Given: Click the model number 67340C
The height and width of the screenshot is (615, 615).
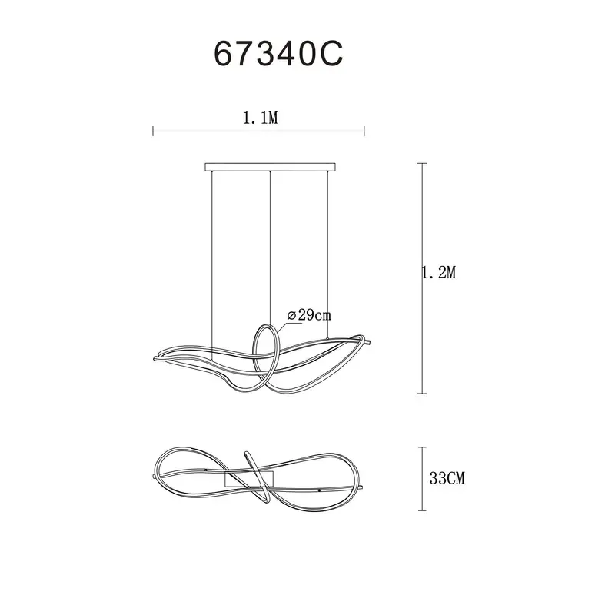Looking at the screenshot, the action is coord(278,54).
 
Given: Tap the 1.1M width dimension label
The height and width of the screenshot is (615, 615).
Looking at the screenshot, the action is coord(260,118).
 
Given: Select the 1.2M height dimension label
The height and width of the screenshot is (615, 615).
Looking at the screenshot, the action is coord(439,272).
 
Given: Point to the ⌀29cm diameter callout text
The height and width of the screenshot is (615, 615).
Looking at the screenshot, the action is coord(309,315).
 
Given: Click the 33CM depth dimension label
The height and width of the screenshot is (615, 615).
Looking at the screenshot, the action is coord(447,478).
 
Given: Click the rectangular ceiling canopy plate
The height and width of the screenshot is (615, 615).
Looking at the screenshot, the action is coord(271,167).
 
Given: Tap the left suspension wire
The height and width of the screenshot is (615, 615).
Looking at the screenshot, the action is coord(212,265).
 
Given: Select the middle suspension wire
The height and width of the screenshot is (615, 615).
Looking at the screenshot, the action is coord(271,248).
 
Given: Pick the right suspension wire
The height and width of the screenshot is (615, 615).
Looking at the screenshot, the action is coord(327,254).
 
